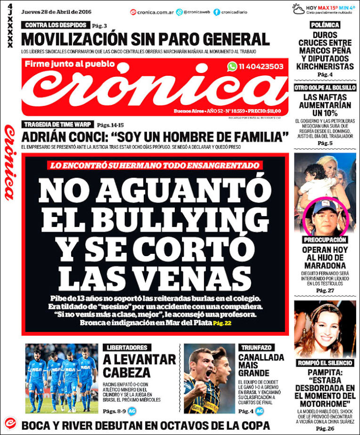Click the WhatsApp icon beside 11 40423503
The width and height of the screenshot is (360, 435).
pos(232,66)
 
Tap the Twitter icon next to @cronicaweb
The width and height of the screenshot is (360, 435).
pos(180,12)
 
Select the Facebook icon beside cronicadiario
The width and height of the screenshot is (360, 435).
pos(217,12)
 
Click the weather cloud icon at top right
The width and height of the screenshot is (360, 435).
pos(298,9)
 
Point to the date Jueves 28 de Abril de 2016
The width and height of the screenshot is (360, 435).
pos(53,11)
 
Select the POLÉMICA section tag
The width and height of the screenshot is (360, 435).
pos(325,24)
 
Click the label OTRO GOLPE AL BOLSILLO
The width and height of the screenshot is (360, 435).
pos(325,88)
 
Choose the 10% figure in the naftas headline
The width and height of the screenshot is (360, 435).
pos(325,113)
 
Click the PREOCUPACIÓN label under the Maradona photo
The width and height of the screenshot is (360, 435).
pos(325,240)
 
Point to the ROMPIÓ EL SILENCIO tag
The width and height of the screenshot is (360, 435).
pos(325,363)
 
